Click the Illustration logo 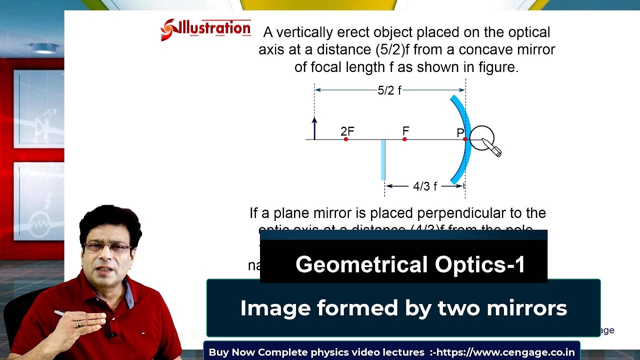point(205,29)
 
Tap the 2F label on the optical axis point(347,131)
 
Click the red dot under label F point(404,139)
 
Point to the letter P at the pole point(460,133)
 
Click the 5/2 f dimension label point(389,90)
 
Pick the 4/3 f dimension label point(425,186)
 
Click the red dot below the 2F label point(346,139)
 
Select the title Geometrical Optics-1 point(410,264)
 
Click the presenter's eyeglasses point(107,247)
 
